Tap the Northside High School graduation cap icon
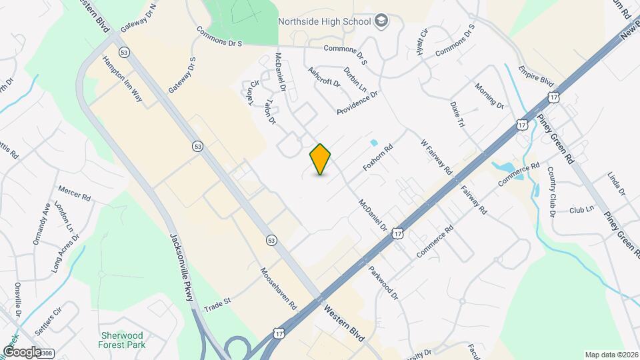click(381, 21)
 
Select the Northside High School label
click(325, 21)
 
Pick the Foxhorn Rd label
click(378, 157)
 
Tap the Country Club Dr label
click(551, 192)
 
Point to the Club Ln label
click(581, 209)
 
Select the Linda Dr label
click(617, 183)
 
